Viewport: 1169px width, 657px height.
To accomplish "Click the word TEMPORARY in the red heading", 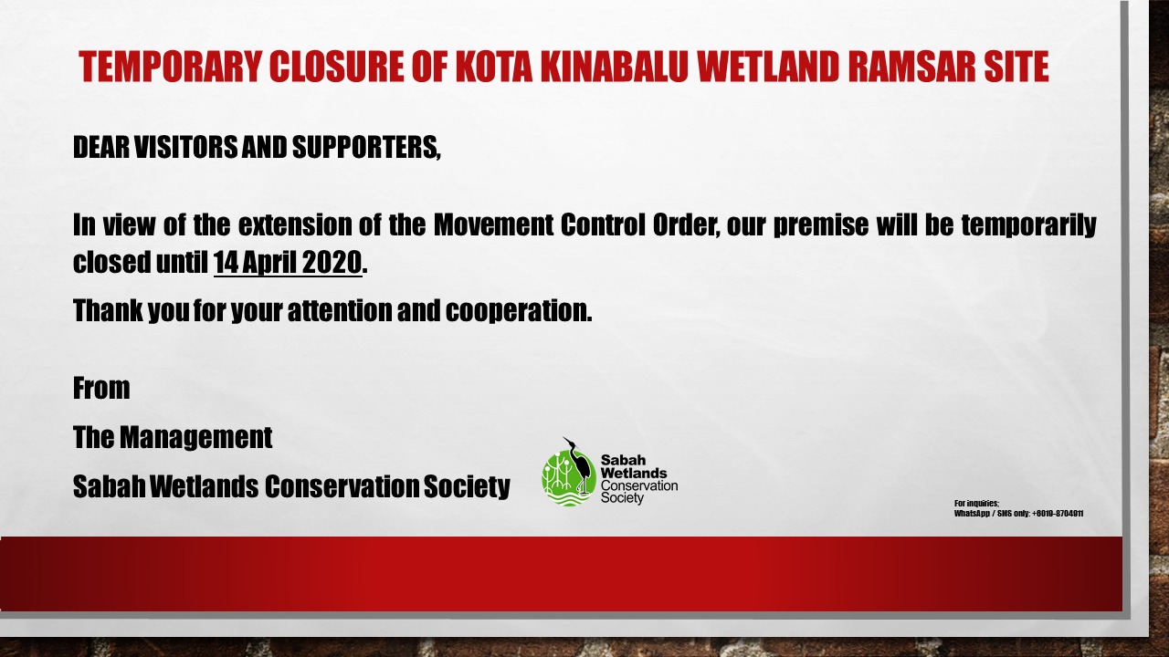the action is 170,67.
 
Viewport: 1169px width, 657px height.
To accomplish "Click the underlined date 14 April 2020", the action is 288,262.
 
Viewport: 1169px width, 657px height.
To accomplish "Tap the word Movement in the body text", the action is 493,224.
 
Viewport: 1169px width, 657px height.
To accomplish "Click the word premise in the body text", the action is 820,226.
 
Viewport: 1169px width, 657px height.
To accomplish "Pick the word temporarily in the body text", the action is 1028,226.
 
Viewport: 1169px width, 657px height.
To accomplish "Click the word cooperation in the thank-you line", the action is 519,311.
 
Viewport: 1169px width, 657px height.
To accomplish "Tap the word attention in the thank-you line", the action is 339,311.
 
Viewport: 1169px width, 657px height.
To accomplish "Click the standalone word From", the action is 101,388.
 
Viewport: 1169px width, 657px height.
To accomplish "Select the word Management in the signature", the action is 196,437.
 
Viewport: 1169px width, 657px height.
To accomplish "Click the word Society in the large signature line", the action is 467,486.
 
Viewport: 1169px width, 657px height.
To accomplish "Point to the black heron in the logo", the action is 580,465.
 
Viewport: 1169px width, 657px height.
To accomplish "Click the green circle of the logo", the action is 569,478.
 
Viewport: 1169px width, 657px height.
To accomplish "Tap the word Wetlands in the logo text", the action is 634,473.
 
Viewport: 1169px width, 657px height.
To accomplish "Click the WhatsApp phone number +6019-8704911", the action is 1058,514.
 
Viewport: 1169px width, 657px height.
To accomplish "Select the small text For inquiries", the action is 976,503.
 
